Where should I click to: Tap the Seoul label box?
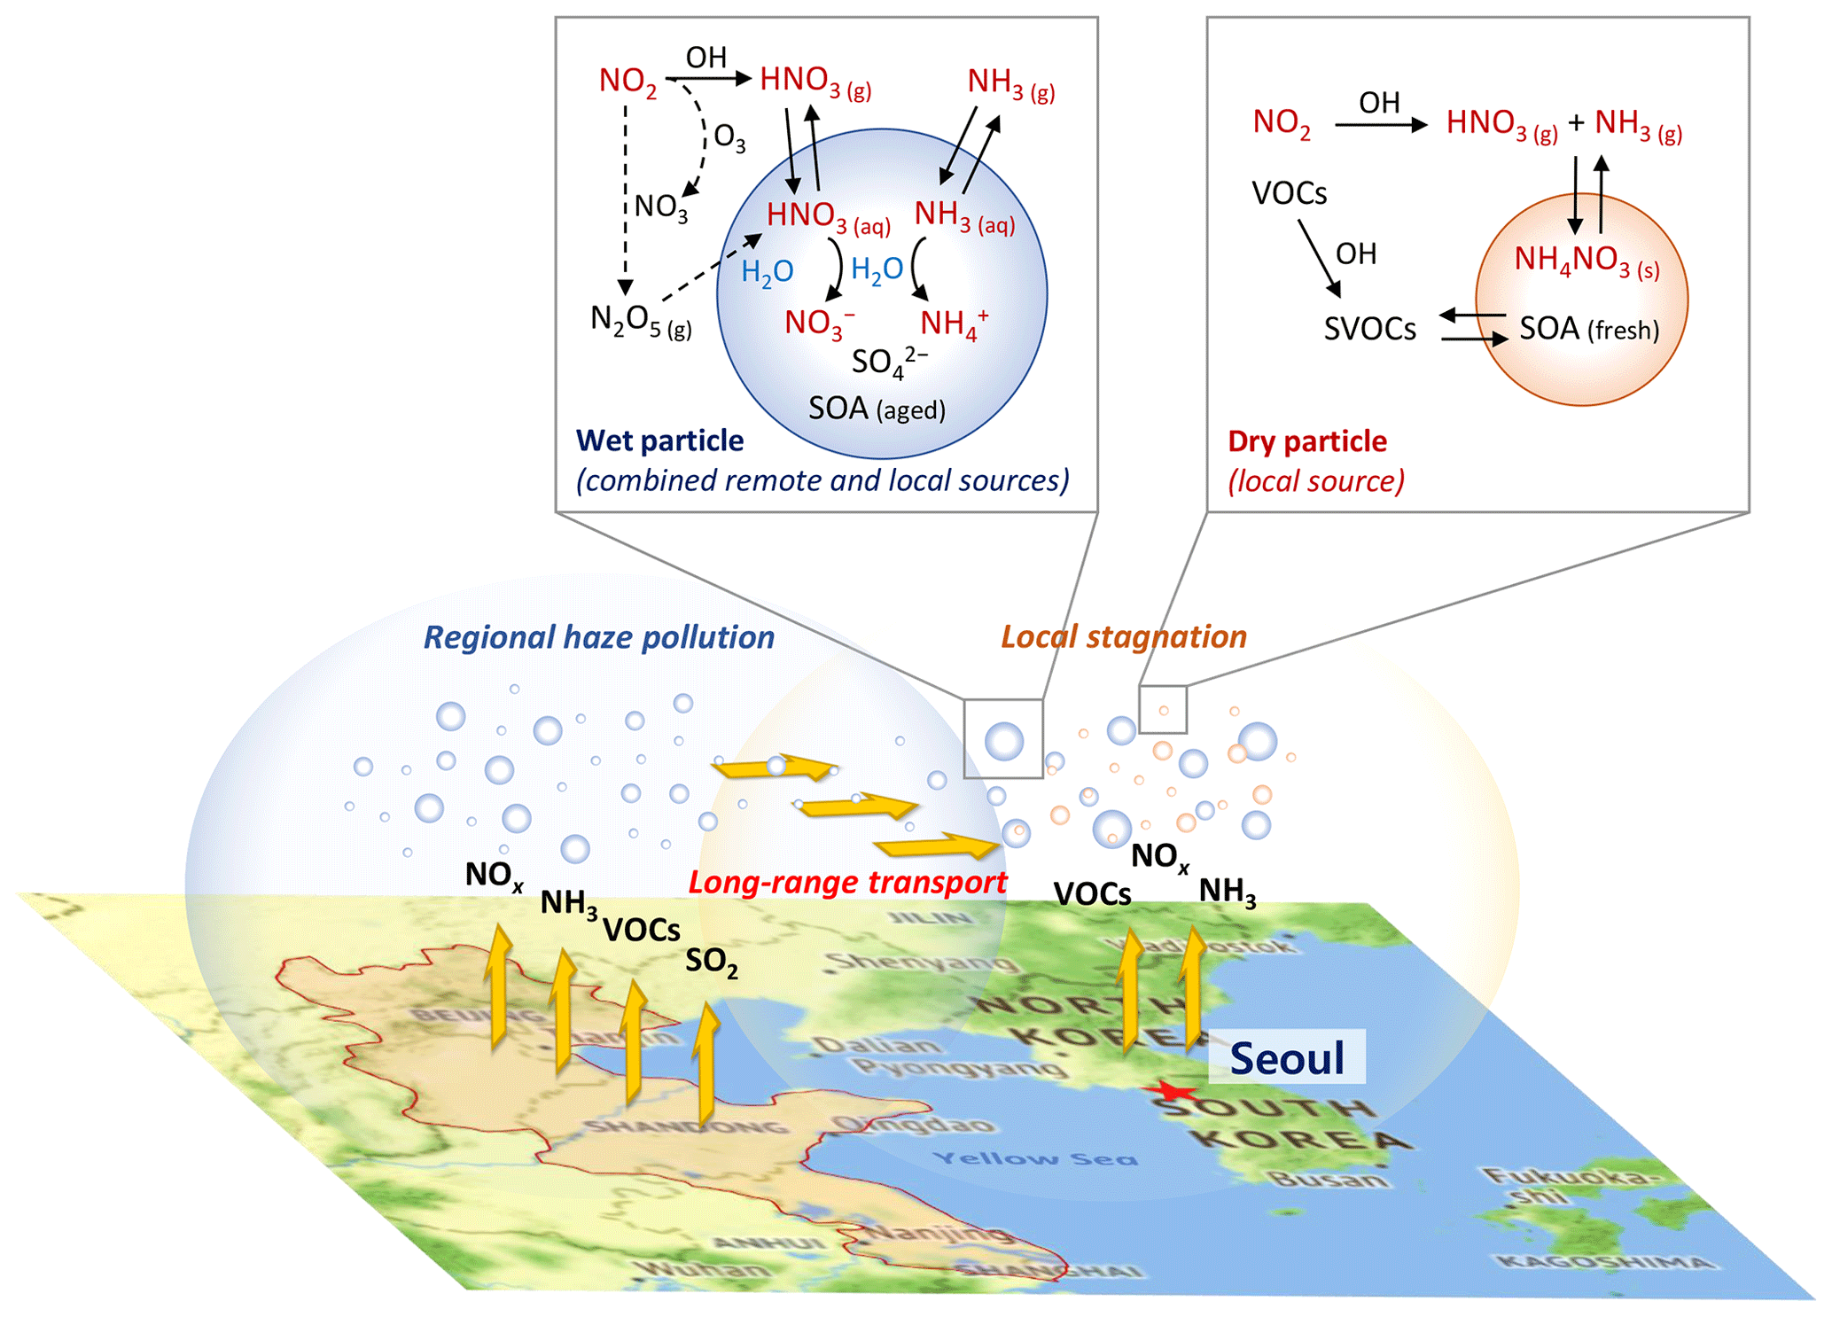pos(1287,1057)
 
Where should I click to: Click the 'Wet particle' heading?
pos(659,440)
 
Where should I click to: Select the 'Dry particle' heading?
pos(1306,440)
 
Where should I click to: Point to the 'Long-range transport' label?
pos(847,882)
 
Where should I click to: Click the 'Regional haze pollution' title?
pos(598,636)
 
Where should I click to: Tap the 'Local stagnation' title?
pos(1123,636)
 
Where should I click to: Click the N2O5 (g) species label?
pos(640,321)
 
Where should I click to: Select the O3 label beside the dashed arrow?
pos(729,138)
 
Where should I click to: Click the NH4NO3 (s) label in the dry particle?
pos(1586,260)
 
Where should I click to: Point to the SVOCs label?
pos(1369,329)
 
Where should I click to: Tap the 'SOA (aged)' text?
pos(877,409)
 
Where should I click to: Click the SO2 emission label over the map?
pos(711,962)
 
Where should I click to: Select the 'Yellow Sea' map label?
pos(1035,1157)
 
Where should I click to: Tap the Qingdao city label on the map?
pos(912,1125)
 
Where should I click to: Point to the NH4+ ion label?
pos(953,323)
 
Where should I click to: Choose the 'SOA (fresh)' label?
pos(1588,329)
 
